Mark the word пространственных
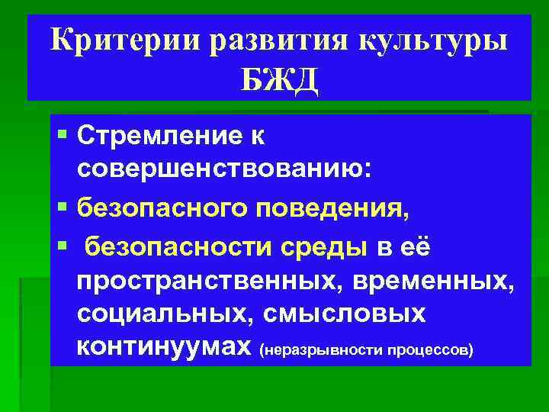210,280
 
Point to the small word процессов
431,350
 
